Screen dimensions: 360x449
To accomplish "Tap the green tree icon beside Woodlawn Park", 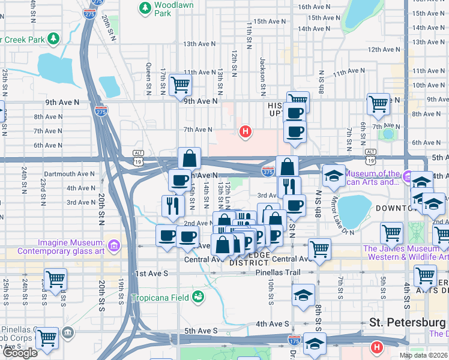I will (x=144, y=8).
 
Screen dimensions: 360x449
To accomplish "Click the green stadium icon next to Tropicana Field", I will (x=198, y=297).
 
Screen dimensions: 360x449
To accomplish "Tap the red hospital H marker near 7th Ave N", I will (x=244, y=131).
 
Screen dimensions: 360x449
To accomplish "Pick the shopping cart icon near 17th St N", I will (x=179, y=85).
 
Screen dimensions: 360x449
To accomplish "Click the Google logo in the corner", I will (x=20, y=353).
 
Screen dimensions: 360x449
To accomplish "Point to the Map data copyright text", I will (x=423, y=355).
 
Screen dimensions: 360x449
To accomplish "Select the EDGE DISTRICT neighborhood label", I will (x=249, y=259).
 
